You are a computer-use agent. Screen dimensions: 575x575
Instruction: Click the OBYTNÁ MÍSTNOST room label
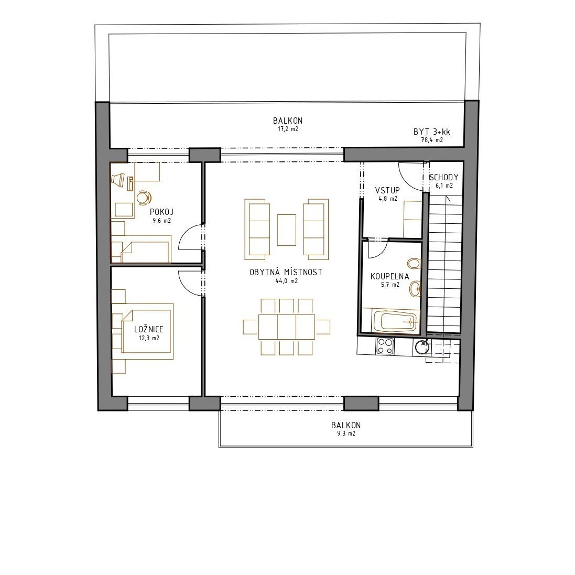coord(286,272)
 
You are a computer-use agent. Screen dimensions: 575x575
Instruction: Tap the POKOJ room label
coord(162,212)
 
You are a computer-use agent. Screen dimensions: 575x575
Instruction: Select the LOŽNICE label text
coord(148,329)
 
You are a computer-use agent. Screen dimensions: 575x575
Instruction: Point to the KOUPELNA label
coord(389,277)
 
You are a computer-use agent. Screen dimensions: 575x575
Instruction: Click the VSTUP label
coord(387,190)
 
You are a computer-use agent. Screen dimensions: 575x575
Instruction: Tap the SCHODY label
coord(443,178)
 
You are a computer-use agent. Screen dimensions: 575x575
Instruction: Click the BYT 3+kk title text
coord(431,132)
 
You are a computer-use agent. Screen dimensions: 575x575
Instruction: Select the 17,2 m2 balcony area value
coord(288,129)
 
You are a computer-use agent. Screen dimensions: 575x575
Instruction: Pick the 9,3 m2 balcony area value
coord(346,433)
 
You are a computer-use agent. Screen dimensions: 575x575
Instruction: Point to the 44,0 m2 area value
coord(286,281)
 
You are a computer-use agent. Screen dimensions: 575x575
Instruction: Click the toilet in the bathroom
coord(414,263)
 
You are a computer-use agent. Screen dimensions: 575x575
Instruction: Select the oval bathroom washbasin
coord(415,289)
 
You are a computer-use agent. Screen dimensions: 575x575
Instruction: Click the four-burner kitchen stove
coord(385,346)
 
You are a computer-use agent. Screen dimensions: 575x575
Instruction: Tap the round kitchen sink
coord(422,347)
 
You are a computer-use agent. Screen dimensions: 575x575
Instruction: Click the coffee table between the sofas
coord(286,230)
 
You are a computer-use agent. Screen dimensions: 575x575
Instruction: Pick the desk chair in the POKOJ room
coord(144,197)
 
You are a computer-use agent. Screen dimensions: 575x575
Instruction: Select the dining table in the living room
coord(286,327)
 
